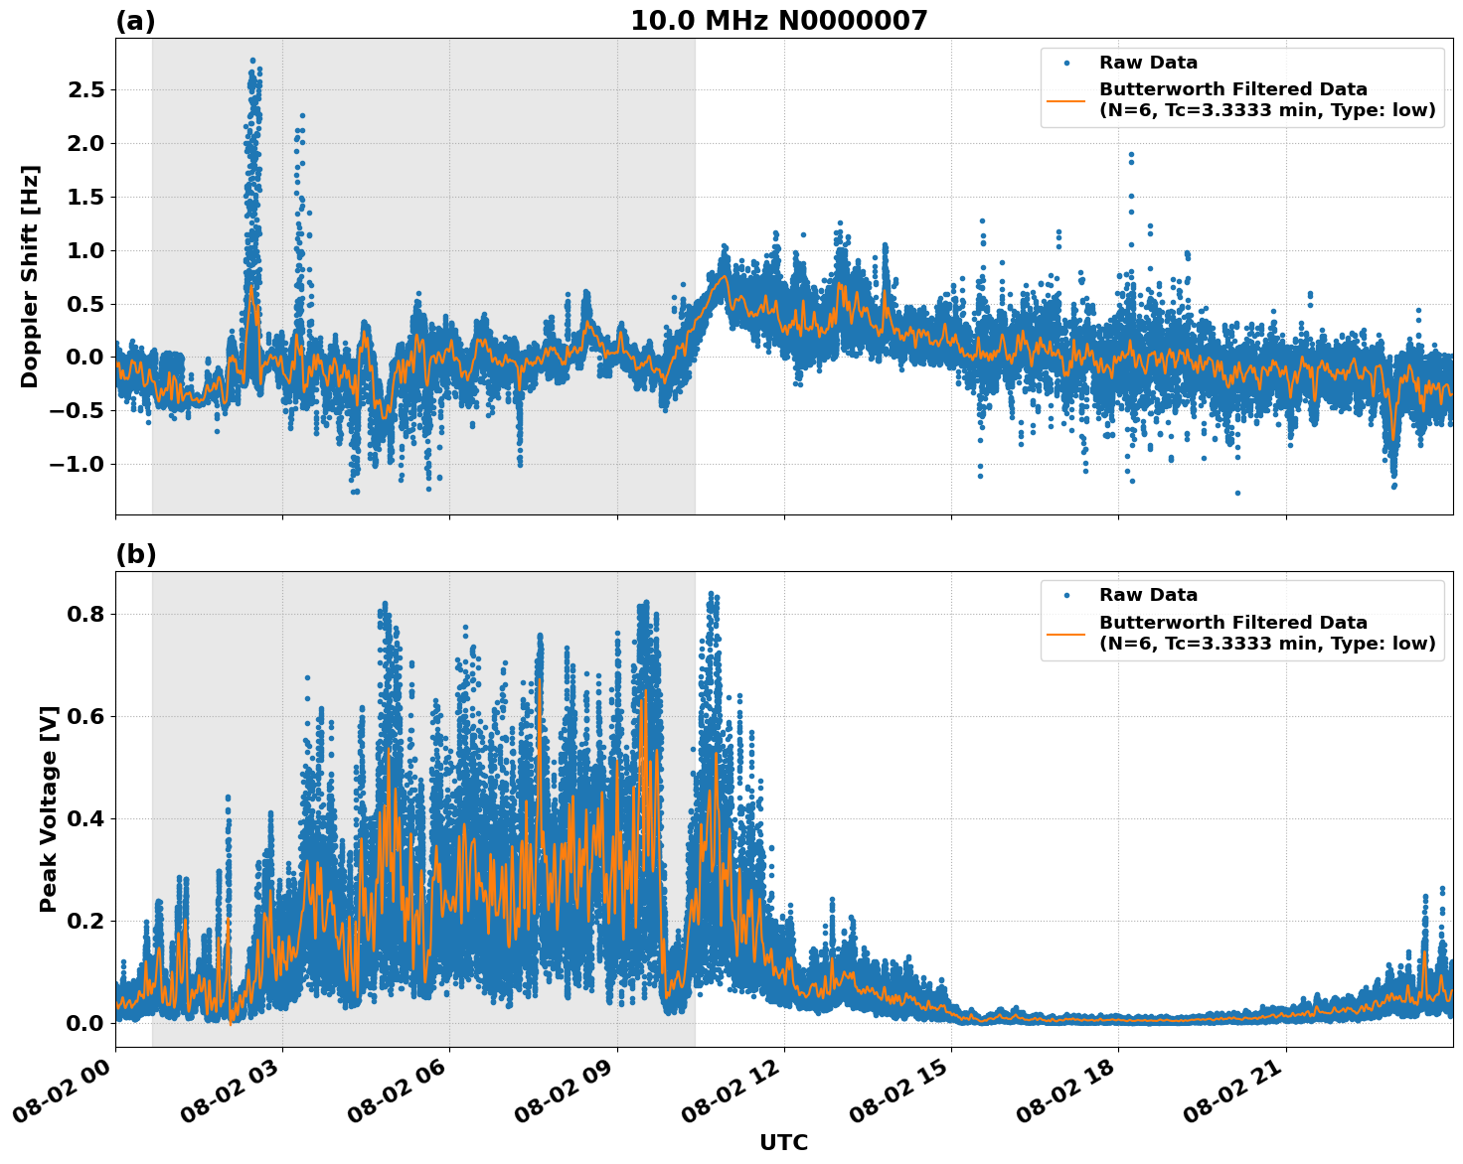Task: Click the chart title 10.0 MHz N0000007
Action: (778, 21)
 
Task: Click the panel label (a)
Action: (135, 21)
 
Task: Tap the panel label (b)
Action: (135, 554)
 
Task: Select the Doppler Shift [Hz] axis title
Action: (30, 276)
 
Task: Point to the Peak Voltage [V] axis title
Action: (49, 808)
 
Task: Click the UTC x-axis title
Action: (783, 1142)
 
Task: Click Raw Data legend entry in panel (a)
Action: (1148, 63)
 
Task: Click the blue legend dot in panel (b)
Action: (1066, 595)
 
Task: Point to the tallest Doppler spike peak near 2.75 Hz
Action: (252, 61)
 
